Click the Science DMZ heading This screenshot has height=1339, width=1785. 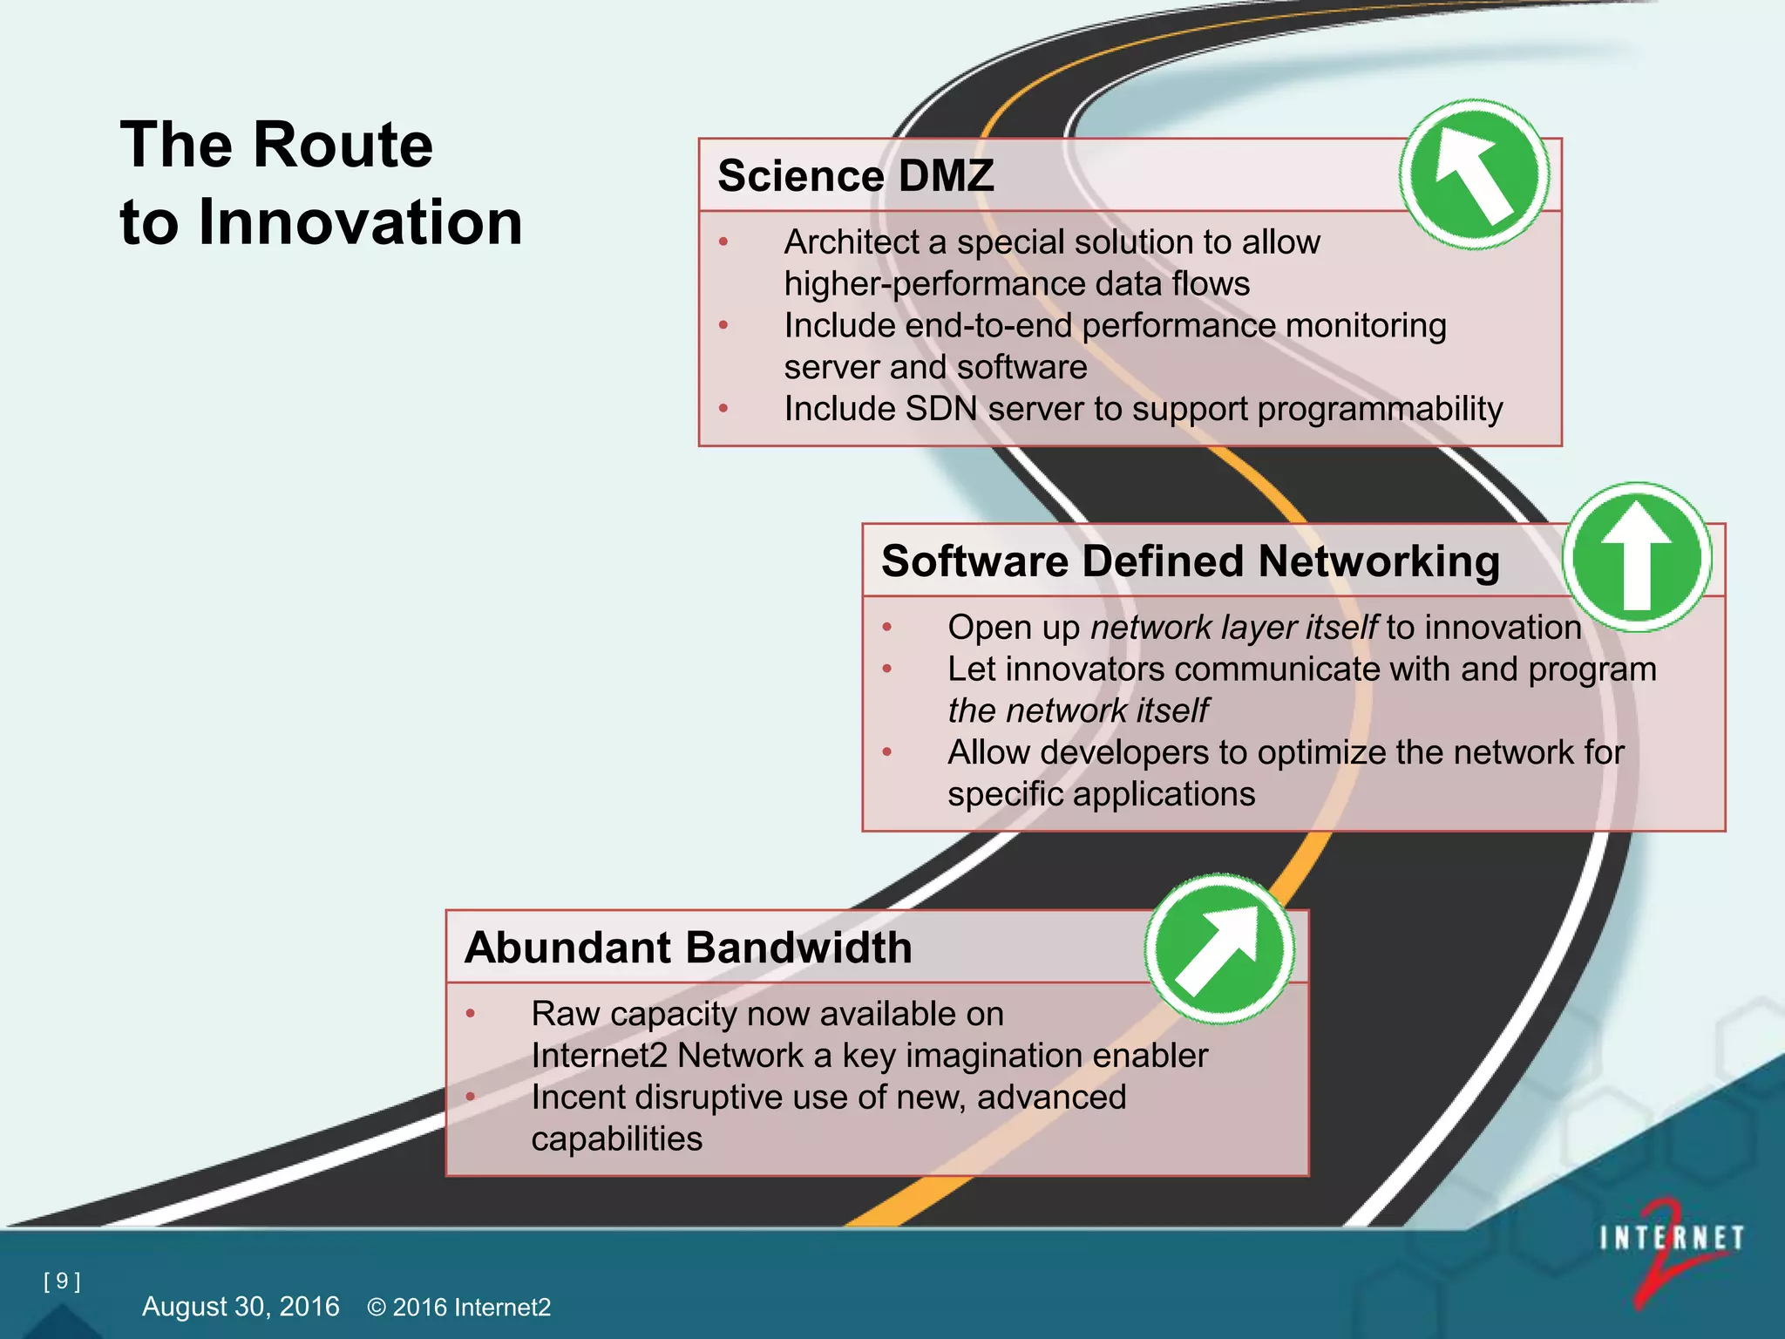point(855,176)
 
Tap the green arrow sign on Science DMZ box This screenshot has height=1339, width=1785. point(1475,174)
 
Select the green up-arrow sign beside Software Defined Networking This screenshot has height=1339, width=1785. point(1637,557)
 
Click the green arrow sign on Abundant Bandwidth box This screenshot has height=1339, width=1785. point(1219,948)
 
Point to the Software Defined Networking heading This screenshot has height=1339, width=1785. point(1190,561)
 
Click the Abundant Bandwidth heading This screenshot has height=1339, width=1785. point(688,948)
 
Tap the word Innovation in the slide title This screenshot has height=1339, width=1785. point(360,222)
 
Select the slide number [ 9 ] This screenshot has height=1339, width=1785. point(62,1281)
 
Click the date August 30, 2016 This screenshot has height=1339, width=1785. point(241,1306)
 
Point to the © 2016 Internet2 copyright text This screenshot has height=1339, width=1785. point(459,1307)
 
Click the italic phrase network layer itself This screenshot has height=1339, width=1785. point(1233,628)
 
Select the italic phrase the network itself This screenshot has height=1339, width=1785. point(1077,711)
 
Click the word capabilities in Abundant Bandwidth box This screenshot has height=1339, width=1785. point(616,1139)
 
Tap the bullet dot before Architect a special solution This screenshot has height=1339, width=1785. point(723,241)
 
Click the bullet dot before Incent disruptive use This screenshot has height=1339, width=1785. point(471,1097)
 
